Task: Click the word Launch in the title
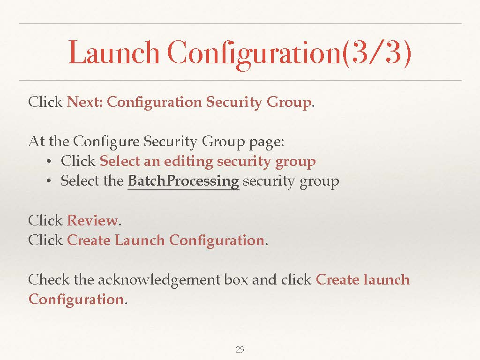[114, 52]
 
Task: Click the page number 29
[240, 349]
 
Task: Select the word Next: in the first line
[85, 102]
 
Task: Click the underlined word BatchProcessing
[183, 181]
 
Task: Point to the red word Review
[92, 220]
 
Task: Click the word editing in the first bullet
[188, 162]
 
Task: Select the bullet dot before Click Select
[48, 162]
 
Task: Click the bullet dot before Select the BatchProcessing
[48, 181]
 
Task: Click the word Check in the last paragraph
[49, 279]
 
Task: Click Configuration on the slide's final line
[76, 300]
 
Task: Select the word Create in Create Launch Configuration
[89, 240]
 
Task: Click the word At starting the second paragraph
[37, 142]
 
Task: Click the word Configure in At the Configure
[106, 142]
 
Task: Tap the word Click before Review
[45, 220]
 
